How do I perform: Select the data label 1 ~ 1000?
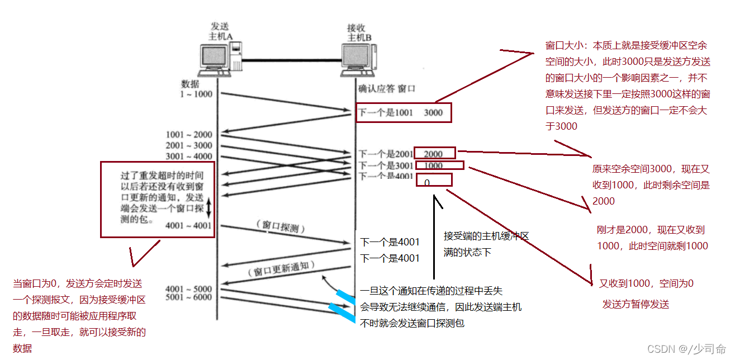(x=196, y=94)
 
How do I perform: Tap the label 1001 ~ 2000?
(x=189, y=135)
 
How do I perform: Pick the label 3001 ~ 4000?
(x=189, y=156)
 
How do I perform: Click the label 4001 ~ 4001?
(x=189, y=226)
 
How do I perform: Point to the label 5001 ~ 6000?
(x=189, y=297)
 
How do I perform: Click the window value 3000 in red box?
(x=433, y=113)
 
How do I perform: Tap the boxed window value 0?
(x=427, y=183)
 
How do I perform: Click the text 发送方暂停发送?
(x=636, y=305)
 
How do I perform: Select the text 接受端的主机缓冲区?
(x=486, y=236)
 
